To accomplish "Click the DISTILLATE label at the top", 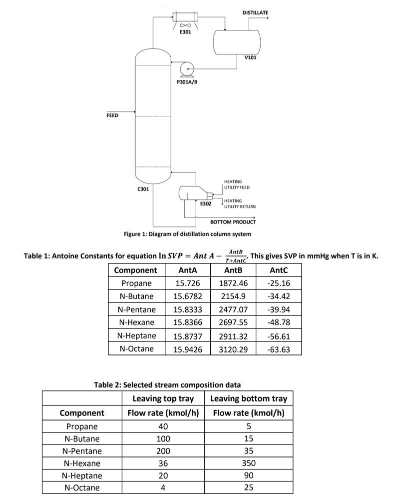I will [255, 12].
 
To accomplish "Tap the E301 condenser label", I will [185, 32].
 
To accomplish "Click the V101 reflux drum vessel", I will [237, 39].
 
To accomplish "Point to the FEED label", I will [112, 115].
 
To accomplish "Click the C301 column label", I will [143, 189].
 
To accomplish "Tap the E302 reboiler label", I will [206, 203].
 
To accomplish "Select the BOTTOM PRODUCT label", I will [233, 222].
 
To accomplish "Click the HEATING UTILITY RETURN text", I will [240, 203].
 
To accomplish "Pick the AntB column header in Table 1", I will [233, 270].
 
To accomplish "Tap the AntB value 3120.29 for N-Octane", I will [233, 349].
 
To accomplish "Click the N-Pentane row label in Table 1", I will [136, 309].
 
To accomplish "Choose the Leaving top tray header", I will [163, 398].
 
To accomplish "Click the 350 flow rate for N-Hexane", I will [249, 463].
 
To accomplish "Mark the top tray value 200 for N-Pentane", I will [163, 451].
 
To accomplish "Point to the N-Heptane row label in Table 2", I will [82, 475].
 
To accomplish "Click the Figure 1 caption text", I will [187, 234].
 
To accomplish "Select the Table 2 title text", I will [167, 385].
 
